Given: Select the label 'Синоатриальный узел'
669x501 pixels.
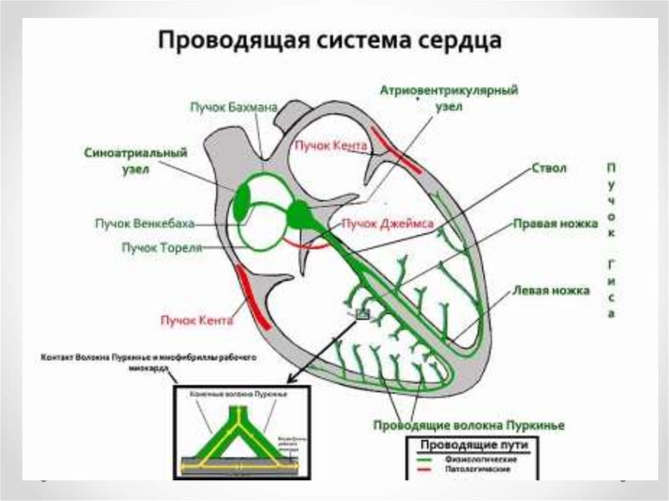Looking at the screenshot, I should coord(136,160).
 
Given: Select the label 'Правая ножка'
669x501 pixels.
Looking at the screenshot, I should coord(555,224).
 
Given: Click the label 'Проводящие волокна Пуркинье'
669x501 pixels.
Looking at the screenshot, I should coord(468,425).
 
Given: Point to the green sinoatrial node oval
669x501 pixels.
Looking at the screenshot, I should coord(242,202).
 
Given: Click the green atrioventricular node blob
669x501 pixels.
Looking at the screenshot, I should coord(300,214).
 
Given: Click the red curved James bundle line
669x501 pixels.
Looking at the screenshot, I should coord(307,246).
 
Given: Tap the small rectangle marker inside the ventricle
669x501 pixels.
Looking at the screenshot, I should coord(362,315).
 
